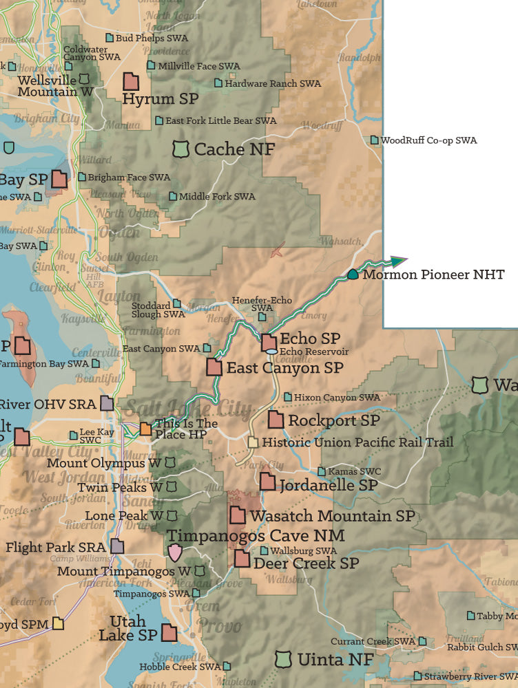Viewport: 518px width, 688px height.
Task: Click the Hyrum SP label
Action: coord(160,99)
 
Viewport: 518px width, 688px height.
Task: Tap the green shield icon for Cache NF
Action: coord(180,149)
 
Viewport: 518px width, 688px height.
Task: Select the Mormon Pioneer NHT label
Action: coord(433,275)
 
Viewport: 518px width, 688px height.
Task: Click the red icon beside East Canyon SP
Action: coord(214,367)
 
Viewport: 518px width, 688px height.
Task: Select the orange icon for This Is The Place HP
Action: coord(146,429)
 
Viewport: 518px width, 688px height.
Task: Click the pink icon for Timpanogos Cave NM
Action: coord(176,551)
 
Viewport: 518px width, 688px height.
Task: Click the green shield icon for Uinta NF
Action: coord(282,659)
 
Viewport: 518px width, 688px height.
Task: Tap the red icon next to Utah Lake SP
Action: coord(169,632)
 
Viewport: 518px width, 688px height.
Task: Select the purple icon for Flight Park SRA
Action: coord(117,547)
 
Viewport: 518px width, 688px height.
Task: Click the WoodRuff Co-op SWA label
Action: coord(428,140)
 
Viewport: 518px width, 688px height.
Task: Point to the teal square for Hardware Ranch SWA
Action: coord(218,83)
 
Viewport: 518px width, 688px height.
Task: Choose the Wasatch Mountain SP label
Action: coord(332,515)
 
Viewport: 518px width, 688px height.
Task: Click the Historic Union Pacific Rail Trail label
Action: coord(358,442)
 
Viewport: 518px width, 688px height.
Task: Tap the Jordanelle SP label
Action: coord(328,485)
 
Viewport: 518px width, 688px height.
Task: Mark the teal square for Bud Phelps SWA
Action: coord(109,38)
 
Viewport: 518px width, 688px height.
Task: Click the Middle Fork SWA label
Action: coord(217,197)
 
